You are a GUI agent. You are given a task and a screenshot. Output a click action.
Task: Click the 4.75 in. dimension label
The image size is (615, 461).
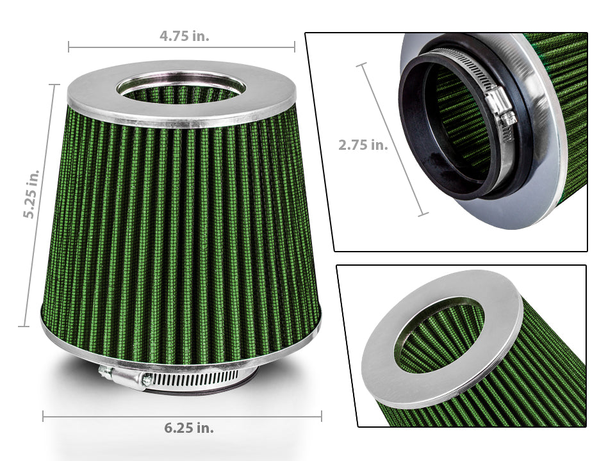184,36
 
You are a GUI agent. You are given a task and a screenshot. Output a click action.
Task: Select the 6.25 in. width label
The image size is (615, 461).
188,427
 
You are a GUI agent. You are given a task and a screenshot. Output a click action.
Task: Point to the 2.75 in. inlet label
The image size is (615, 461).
363,145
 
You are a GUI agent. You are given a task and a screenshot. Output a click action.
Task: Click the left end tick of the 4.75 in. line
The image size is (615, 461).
69,46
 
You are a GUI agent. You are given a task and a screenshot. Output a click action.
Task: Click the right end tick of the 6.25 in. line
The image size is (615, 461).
321,416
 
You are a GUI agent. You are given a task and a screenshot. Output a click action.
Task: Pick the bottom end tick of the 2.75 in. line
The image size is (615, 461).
423,215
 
